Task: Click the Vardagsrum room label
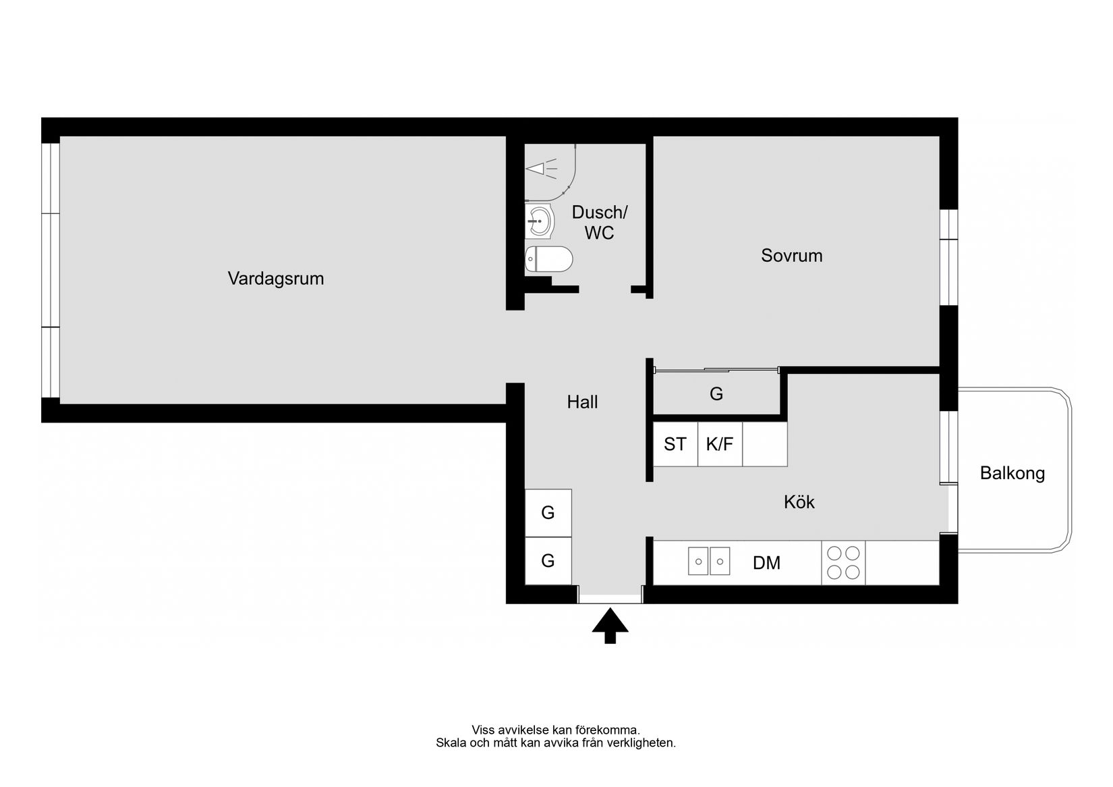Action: click(x=275, y=278)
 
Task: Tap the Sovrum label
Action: click(x=791, y=256)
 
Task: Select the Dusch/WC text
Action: click(x=599, y=223)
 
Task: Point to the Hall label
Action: click(x=582, y=402)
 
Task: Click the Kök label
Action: click(x=799, y=502)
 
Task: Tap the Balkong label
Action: click(x=1012, y=473)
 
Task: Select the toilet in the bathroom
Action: click(x=548, y=259)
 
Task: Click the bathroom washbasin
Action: click(x=539, y=221)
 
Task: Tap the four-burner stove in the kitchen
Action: click(x=843, y=563)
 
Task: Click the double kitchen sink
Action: click(x=709, y=562)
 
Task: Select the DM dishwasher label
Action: click(x=766, y=563)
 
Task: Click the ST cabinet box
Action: click(x=675, y=444)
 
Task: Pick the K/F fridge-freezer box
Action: click(x=719, y=444)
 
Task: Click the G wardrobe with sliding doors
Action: click(x=716, y=394)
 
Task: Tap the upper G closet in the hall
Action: click(x=548, y=513)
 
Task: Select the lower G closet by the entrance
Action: click(x=548, y=561)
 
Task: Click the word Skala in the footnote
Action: click(x=450, y=743)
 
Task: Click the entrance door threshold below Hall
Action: click(x=610, y=598)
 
